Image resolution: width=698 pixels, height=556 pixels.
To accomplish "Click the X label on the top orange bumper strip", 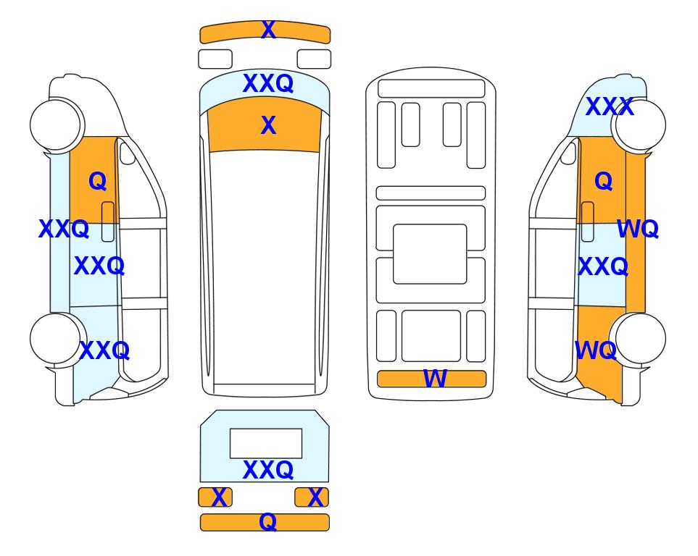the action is click(x=268, y=30).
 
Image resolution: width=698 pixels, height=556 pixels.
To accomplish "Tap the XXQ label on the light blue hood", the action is click(x=268, y=83).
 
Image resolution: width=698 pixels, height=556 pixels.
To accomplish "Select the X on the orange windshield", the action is click(x=268, y=125).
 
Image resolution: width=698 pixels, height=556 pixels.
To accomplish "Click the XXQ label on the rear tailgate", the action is click(x=268, y=470).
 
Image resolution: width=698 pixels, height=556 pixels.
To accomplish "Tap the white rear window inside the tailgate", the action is click(x=266, y=443).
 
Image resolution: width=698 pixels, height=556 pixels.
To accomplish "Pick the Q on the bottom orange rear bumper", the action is click(x=267, y=522).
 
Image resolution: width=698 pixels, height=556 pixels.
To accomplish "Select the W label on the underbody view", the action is click(x=434, y=379).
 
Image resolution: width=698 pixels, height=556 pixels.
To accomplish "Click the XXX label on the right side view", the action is click(x=610, y=106).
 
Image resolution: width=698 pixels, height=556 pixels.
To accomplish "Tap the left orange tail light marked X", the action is click(x=215, y=497).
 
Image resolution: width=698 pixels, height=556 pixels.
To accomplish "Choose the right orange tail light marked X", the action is click(x=312, y=497).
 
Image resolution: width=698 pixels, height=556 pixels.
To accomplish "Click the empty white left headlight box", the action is click(x=215, y=59).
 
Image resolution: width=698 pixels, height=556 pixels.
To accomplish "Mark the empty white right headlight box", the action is click(x=314, y=59).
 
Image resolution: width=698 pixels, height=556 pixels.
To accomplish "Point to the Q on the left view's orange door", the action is click(x=98, y=181).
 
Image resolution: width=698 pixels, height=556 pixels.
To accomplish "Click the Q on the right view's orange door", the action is click(x=604, y=181).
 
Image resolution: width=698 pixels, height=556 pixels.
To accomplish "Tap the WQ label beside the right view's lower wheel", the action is click(x=596, y=350).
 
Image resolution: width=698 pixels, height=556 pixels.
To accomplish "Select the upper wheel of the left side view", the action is click(x=56, y=125).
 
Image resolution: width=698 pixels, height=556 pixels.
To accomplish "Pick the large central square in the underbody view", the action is click(x=430, y=254).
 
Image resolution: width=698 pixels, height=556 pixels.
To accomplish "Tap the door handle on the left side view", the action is click(x=108, y=222).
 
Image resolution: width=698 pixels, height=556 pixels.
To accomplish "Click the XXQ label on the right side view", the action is click(x=603, y=267).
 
